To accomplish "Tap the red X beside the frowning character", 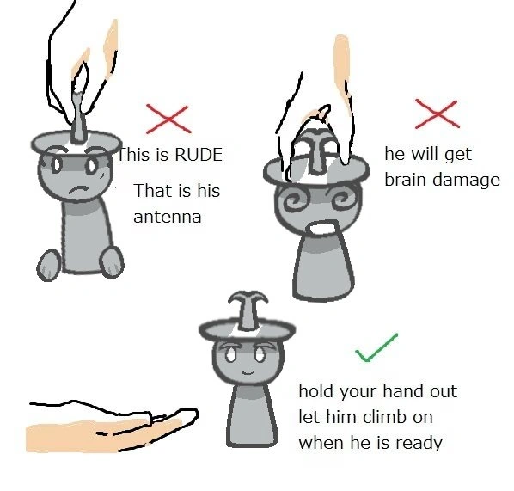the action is (x=168, y=119).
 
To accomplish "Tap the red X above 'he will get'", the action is (x=437, y=114).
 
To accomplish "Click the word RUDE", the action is (x=199, y=155).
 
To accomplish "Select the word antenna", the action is (x=168, y=218).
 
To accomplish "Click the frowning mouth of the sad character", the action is (x=77, y=190).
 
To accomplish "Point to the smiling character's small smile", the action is (x=248, y=372).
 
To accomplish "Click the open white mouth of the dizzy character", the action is (x=323, y=228).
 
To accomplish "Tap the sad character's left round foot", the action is (x=49, y=266).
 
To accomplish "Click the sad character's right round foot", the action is (x=112, y=262).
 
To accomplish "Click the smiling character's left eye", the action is (x=230, y=354).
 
